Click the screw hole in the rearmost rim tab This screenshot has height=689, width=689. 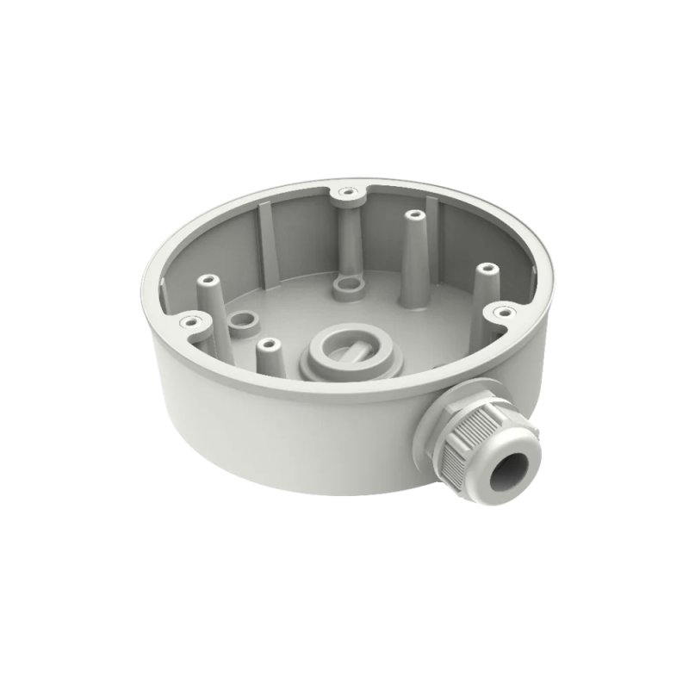pyautogui.click(x=347, y=191)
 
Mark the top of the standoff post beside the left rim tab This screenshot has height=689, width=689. pyautogui.click(x=208, y=281)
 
